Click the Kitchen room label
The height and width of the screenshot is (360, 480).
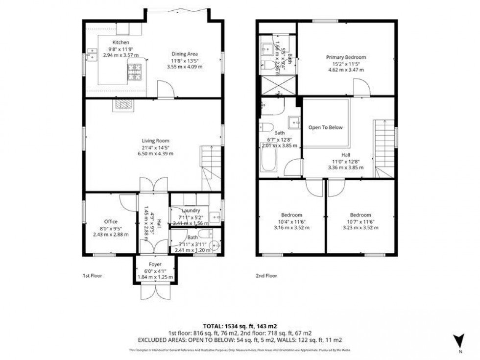tap(120, 43)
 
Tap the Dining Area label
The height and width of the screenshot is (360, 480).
tap(184, 54)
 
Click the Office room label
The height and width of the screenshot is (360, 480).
tap(111, 221)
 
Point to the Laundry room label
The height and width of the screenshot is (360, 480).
tap(190, 211)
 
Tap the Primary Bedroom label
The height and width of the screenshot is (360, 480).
tap(346, 57)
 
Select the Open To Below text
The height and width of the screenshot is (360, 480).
tap(325, 128)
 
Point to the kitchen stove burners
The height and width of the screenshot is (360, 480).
tap(135, 72)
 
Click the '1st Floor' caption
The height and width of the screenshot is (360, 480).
tap(93, 276)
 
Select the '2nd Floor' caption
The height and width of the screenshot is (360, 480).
tap(267, 276)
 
